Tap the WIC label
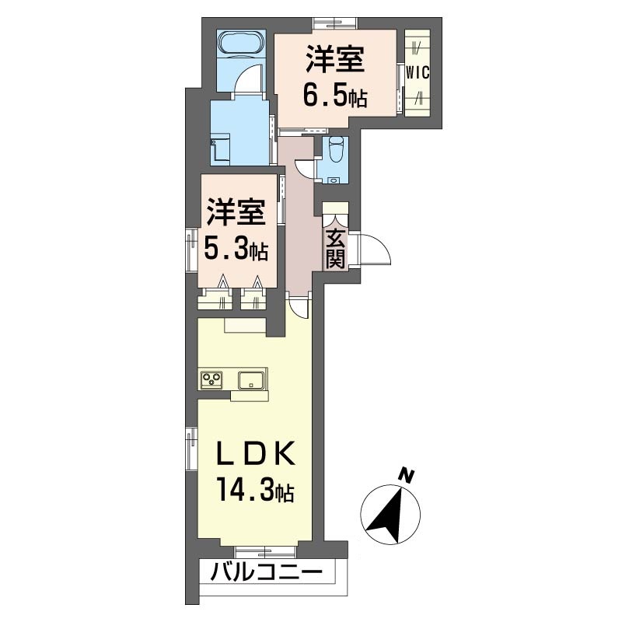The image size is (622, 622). click(x=418, y=72)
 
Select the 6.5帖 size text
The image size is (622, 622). click(x=335, y=96)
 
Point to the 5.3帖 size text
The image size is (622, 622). click(x=236, y=249)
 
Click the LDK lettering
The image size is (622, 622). click(x=256, y=453)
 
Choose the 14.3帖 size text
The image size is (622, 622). click(x=256, y=491)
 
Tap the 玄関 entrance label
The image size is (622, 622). click(x=335, y=250)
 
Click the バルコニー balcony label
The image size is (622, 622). click(x=266, y=572)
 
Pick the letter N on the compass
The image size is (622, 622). click(x=406, y=475)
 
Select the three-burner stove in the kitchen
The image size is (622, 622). click(x=211, y=379)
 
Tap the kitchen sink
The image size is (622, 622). click(x=251, y=380)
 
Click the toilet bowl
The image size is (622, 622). click(x=337, y=149)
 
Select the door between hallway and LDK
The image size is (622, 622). click(x=299, y=306)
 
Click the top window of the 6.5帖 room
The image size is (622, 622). click(x=335, y=23)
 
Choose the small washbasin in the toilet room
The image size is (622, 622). click(x=336, y=180)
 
